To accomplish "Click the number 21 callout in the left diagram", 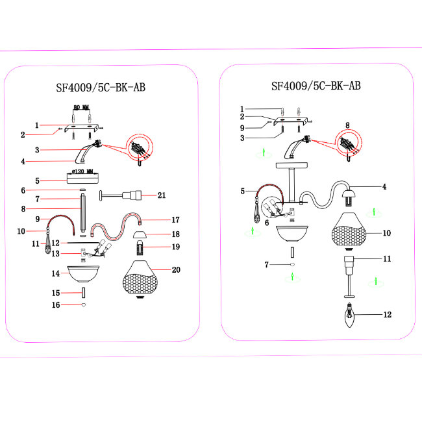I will click(x=161, y=194).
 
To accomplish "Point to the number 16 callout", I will click(x=56, y=304).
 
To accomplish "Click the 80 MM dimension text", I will click(x=81, y=107).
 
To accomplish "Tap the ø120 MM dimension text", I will click(x=82, y=171).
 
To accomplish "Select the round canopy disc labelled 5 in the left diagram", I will click(x=82, y=179).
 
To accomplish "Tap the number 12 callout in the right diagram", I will click(x=388, y=315).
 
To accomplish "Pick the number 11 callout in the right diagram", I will click(x=388, y=259).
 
